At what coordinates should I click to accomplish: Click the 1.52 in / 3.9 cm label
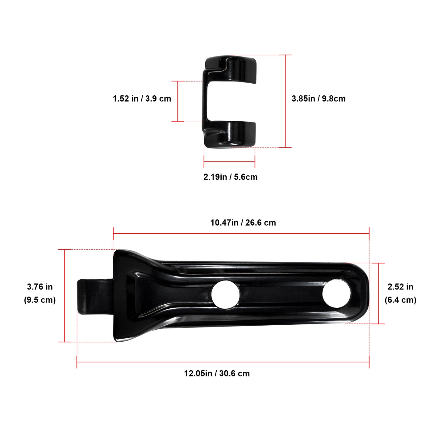click(142, 99)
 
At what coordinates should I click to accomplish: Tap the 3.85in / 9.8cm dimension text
click(319, 99)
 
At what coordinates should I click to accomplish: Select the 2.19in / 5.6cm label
click(230, 177)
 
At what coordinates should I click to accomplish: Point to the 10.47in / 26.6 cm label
click(243, 223)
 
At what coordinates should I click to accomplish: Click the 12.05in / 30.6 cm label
click(217, 373)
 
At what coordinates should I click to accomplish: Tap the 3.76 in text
click(40, 287)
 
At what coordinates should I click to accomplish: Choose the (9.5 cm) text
click(40, 300)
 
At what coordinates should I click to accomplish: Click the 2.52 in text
click(400, 287)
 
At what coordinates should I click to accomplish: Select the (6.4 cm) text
click(400, 300)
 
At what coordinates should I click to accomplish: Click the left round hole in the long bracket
click(226, 294)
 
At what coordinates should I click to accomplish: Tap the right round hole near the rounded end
click(336, 294)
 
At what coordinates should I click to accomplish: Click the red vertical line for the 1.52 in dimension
click(178, 101)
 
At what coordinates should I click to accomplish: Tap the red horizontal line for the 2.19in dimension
click(229, 161)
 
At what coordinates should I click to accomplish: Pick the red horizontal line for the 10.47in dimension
click(241, 234)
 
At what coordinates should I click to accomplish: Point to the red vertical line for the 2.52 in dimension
click(378, 293)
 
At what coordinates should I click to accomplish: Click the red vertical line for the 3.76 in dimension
click(65, 296)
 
